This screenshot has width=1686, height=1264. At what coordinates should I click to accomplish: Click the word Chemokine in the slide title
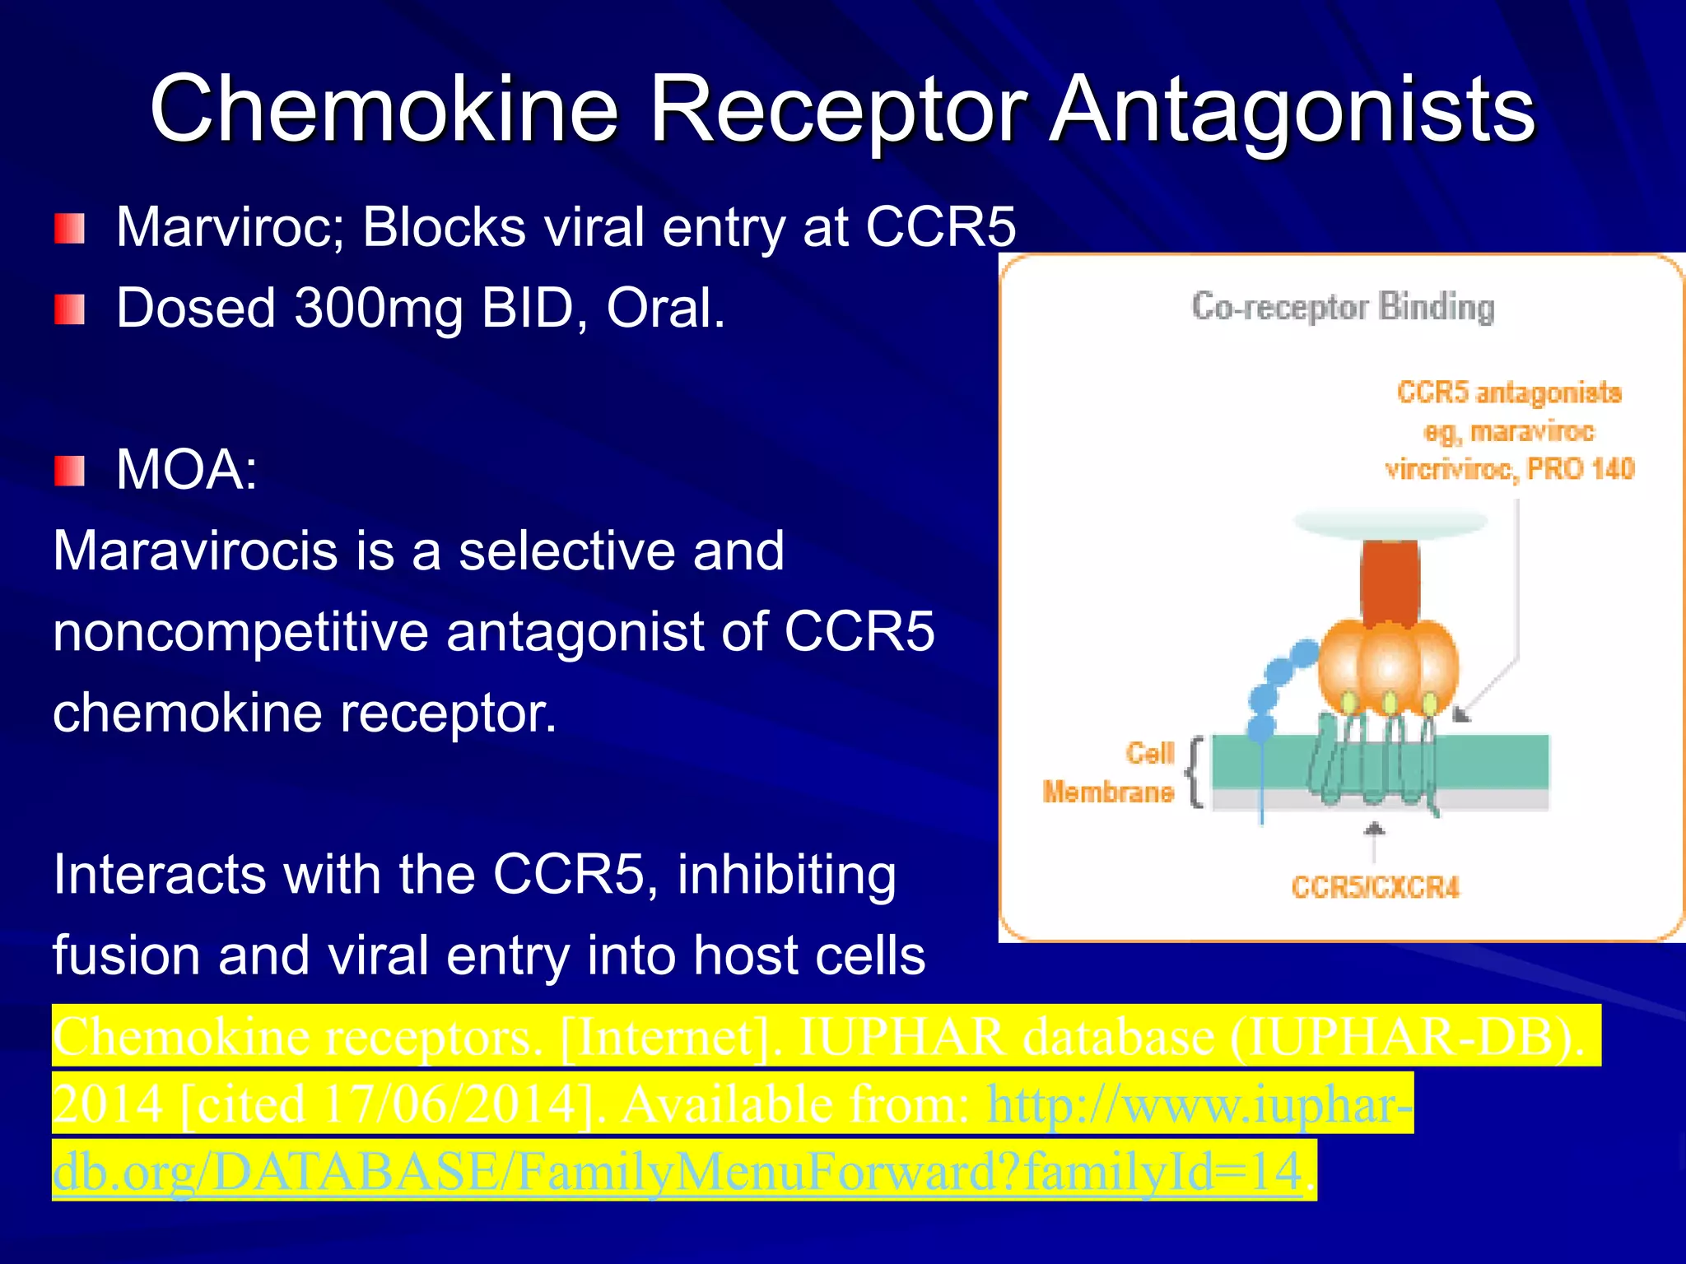384,109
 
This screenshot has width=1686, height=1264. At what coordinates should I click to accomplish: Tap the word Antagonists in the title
1293,109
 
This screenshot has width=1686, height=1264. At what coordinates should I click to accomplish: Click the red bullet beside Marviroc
70,229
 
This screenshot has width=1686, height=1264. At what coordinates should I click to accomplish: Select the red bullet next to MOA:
70,471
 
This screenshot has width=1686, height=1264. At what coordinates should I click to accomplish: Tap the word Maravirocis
194,551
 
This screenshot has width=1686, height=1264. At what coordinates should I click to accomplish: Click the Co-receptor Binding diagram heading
1343,307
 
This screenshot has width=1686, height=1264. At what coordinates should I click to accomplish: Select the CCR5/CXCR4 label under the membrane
1375,887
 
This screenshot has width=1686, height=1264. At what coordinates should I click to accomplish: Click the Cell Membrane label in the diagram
1110,774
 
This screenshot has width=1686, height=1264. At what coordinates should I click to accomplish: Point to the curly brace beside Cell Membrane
1195,772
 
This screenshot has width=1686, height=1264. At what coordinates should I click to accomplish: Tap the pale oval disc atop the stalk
1390,522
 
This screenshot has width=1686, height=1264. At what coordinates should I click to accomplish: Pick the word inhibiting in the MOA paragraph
786,875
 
